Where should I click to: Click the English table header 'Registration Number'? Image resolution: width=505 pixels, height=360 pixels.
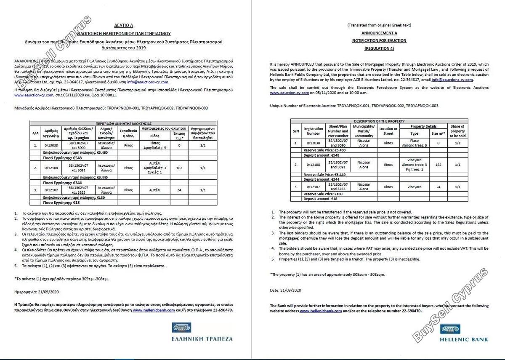pyautogui.click(x=313, y=131)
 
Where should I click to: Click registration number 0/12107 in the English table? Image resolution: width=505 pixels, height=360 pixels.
pyautogui.click(x=313, y=187)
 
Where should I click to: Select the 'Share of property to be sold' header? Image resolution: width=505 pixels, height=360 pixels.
pyautogui.click(x=457, y=131)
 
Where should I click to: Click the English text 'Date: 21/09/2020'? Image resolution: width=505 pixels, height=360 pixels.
pyautogui.click(x=286, y=291)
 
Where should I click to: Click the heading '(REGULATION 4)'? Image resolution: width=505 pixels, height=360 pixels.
pyautogui.click(x=379, y=48)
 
